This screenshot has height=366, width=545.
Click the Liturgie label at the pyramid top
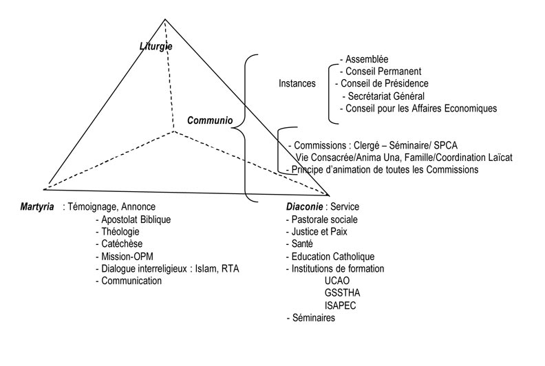pyautogui.click(x=156, y=46)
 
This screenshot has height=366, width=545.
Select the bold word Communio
pyautogui.click(x=210, y=120)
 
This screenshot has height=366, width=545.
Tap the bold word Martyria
pyautogui.click(x=37, y=207)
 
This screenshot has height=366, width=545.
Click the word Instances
pyautogui.click(x=297, y=83)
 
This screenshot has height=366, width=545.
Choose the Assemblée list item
pyautogui.click(x=364, y=59)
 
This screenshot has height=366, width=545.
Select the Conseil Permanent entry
pyautogui.click(x=381, y=72)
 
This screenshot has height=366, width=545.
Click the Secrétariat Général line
pyautogui.click(x=383, y=96)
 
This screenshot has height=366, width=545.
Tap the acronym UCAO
pyautogui.click(x=337, y=281)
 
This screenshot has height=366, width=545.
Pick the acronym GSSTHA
pyautogui.click(x=343, y=292)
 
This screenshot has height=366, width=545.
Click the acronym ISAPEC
pyautogui.click(x=340, y=305)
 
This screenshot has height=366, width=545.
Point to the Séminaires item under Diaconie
pyautogui.click(x=311, y=318)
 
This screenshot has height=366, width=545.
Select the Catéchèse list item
pyautogui.click(x=119, y=244)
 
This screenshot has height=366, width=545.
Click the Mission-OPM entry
pyautogui.click(x=125, y=257)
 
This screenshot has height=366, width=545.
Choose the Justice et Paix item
pyautogui.click(x=317, y=231)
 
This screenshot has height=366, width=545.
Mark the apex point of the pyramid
pyautogui.click(x=165, y=19)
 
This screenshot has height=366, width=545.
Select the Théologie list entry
pyautogui.click(x=118, y=231)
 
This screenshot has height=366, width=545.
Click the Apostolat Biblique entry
pyautogui.click(x=133, y=219)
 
